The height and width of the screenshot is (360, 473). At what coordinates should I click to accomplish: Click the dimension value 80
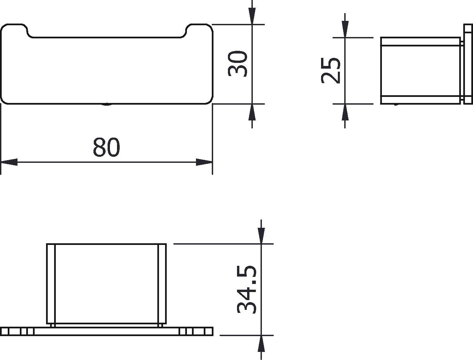point(106,147)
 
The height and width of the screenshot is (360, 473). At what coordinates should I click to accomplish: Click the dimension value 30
point(237,64)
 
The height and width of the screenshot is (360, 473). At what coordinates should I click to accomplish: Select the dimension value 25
point(330,70)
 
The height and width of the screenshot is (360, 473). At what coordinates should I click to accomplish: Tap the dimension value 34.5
point(246,289)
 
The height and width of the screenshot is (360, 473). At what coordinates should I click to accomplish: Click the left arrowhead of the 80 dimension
point(9,162)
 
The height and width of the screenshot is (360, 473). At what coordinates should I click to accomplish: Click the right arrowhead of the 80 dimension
point(204,162)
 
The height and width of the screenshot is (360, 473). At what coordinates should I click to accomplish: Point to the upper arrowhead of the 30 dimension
point(252,16)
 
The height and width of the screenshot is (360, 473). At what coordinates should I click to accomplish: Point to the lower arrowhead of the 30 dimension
point(252,112)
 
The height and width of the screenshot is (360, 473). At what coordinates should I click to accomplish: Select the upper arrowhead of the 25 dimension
point(345,29)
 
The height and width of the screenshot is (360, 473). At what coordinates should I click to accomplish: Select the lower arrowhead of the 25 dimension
point(345,112)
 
